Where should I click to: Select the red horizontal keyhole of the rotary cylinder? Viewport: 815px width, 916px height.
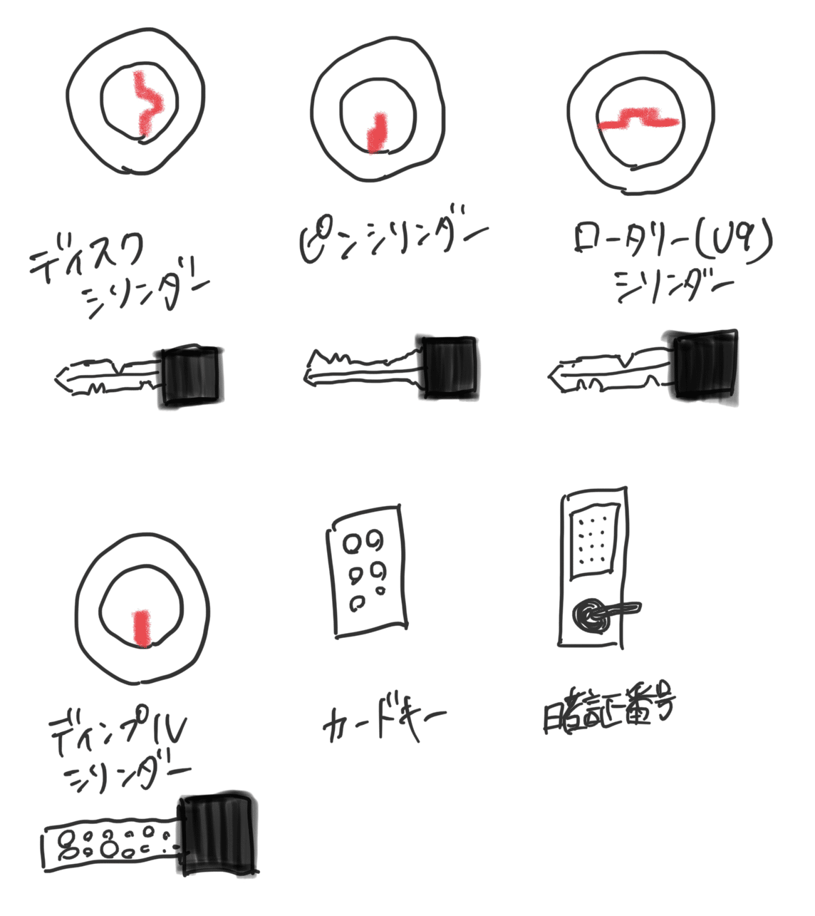[637, 119]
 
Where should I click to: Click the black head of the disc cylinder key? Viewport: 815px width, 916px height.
[192, 376]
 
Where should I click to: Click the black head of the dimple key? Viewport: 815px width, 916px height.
[218, 834]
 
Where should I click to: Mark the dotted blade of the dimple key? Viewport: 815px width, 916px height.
[110, 845]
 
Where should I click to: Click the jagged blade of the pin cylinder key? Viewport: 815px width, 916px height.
[363, 367]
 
